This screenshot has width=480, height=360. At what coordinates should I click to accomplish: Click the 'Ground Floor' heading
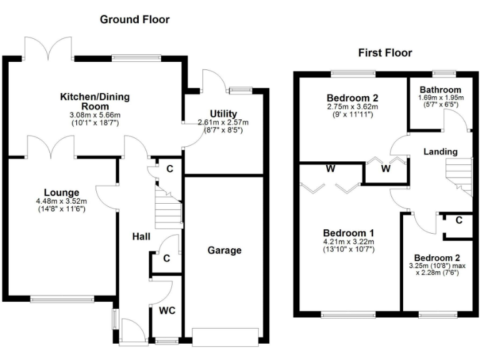[x=134, y=19]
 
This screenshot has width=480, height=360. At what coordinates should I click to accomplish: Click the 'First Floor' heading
[x=385, y=53]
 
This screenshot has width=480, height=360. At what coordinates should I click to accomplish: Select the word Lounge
[x=61, y=192]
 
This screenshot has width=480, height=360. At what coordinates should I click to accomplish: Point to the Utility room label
[x=223, y=113]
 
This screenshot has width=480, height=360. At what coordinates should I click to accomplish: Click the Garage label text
[x=224, y=250]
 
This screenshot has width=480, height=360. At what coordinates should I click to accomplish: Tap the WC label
[x=166, y=310]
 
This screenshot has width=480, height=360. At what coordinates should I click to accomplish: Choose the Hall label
[x=141, y=236]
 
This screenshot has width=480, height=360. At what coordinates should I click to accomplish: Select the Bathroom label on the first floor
[x=440, y=89]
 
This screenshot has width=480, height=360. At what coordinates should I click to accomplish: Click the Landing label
[x=440, y=151]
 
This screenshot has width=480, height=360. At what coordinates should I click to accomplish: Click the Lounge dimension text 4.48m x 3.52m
[x=61, y=201]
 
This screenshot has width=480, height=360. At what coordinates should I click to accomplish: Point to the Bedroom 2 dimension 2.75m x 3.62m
[x=353, y=107]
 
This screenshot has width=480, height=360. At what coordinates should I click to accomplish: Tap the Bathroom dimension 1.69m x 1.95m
[x=440, y=98]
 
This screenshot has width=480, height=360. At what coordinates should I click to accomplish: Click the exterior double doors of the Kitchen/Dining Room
[x=49, y=49]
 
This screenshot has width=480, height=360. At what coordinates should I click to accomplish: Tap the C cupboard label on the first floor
[x=459, y=220]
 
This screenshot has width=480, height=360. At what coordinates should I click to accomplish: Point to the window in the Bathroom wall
[x=445, y=74]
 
